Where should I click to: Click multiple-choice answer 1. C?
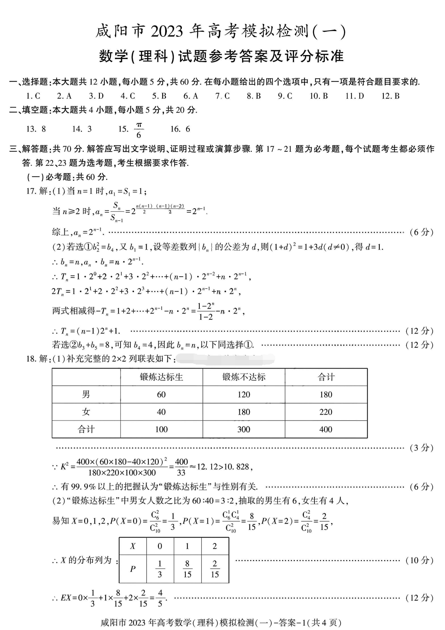coord(33,96)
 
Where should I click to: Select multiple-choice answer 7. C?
coord(222,96)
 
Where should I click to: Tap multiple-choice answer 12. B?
coord(390,96)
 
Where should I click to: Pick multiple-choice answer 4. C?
coord(128,96)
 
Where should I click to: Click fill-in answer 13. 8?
coord(36,129)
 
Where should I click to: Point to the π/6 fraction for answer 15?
coord(139,130)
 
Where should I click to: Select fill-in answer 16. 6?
coord(180,129)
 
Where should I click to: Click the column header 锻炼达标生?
coord(161,377)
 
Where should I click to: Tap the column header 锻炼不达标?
coord(244,377)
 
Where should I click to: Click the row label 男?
coord(86,394)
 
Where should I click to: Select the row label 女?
coord(86,412)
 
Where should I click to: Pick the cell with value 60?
coord(161,395)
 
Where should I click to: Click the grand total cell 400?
coord(326,429)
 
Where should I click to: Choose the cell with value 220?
coord(326,412)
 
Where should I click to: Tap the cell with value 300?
coord(244,429)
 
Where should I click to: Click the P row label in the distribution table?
coord(133,569)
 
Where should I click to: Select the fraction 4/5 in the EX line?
coord(160,598)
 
